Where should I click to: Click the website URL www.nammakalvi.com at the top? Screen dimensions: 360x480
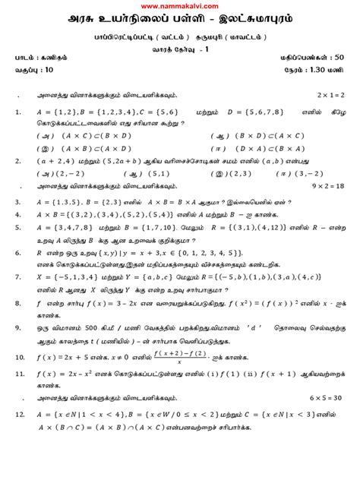[179, 5]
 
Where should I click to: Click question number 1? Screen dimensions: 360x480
[17, 112]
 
